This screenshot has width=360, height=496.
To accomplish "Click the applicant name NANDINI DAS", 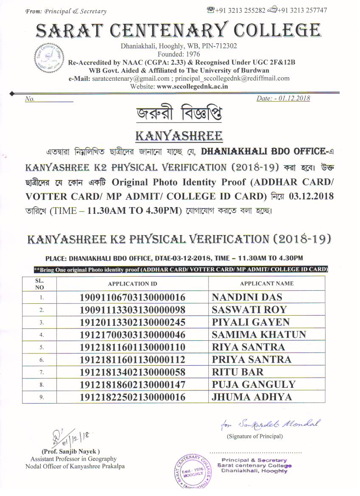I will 247,297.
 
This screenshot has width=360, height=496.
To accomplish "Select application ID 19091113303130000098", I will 132,310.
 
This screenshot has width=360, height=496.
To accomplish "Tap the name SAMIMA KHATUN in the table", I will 259,335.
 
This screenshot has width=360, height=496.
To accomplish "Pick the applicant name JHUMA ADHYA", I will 252,397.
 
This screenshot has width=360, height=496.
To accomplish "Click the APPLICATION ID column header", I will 132,284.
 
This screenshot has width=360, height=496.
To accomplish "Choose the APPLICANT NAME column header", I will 267,283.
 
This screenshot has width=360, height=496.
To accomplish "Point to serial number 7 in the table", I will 42,373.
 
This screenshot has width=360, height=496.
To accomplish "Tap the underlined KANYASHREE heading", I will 179,136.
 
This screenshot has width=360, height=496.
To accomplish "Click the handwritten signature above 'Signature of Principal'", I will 270,424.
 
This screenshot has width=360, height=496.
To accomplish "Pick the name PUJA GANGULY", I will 253,385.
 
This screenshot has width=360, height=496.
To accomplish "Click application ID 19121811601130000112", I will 132,360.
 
